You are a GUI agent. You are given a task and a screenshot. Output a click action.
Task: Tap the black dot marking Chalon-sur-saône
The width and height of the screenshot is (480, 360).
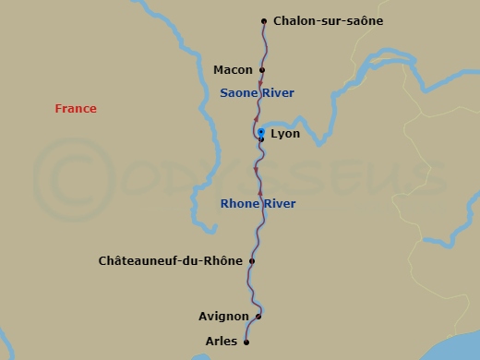coord(264,20)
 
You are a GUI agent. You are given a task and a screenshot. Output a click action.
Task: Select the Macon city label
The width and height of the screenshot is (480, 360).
coord(233,70)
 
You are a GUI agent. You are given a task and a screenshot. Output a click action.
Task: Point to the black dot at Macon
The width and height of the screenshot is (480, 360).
coord(262,69)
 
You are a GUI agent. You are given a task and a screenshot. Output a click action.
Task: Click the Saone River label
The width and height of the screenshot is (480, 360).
coord(257,93)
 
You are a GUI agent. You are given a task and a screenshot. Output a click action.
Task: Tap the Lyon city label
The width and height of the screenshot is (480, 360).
coord(285,134)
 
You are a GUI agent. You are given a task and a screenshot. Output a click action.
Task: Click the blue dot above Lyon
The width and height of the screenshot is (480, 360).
coord(261,132)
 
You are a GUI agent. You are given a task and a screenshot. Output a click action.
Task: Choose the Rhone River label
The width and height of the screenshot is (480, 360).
coord(258,204)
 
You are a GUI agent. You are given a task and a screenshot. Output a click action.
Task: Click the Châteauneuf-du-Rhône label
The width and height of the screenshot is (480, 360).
coord(171,261)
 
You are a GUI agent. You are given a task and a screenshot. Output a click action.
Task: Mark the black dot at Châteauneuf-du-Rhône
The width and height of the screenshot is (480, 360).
coord(252,261)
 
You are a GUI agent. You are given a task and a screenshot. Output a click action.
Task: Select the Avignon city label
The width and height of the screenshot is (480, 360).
coord(223,317)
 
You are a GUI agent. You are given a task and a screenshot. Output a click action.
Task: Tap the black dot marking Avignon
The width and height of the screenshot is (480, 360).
coord(258,317)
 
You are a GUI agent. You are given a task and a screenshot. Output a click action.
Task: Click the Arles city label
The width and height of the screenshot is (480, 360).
coord(222,342)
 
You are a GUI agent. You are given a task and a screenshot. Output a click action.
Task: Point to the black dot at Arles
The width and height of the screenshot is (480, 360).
coord(247,342)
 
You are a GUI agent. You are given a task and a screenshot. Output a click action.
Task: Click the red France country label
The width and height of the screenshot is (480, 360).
coord(76,109)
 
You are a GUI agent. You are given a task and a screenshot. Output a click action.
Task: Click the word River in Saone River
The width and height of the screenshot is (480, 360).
coord(277,93)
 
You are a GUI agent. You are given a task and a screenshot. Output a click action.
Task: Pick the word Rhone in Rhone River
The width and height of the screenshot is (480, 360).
coord(238,204)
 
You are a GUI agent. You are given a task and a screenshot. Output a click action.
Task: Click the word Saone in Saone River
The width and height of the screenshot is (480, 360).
coord(238,93)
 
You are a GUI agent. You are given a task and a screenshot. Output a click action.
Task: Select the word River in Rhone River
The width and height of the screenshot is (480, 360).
coord(278,204)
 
